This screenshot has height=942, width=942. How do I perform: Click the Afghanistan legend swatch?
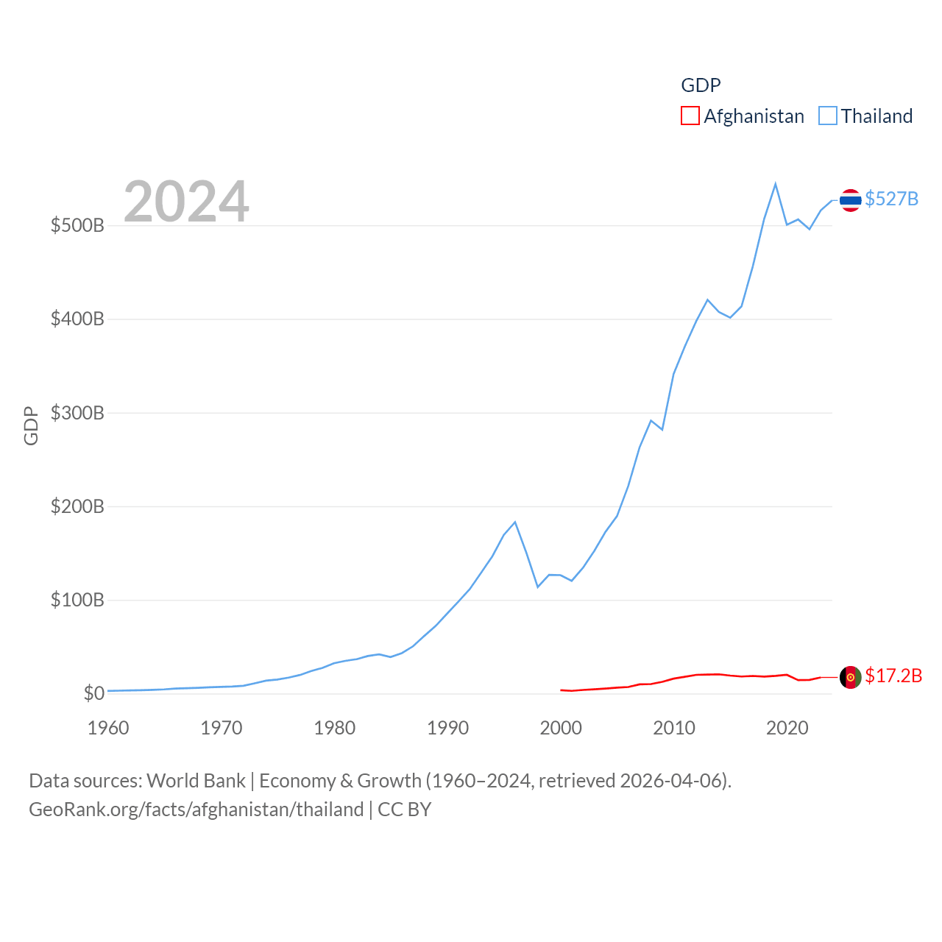[x=690, y=116]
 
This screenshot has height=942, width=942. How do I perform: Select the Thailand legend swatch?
[x=828, y=116]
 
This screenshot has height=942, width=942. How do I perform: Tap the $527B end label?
[x=891, y=199]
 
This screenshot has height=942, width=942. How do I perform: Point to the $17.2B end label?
[x=893, y=676]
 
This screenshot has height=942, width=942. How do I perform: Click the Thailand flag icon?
[x=850, y=200]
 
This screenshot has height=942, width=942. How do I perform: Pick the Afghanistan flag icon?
[x=850, y=677]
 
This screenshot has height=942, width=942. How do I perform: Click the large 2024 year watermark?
[x=186, y=202]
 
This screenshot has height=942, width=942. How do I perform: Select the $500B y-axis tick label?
[x=77, y=225]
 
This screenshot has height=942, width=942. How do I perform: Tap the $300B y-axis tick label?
[x=77, y=413]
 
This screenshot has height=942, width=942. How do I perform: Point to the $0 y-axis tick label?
[x=93, y=693]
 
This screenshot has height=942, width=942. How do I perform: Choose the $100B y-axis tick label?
[x=77, y=600]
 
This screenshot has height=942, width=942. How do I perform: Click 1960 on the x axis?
[x=108, y=728]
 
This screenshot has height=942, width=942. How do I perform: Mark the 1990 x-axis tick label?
[x=447, y=728]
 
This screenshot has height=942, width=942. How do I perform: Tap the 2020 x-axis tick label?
[x=787, y=728]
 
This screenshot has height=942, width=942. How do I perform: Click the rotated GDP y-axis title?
[x=31, y=425]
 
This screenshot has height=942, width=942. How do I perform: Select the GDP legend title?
[x=701, y=85]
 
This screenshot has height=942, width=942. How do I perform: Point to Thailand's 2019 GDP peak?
[x=776, y=184]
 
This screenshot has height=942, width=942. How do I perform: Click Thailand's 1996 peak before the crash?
[x=515, y=522]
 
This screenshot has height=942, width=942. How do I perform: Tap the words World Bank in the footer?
[x=196, y=780]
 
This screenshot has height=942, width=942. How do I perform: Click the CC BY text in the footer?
[x=404, y=810]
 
